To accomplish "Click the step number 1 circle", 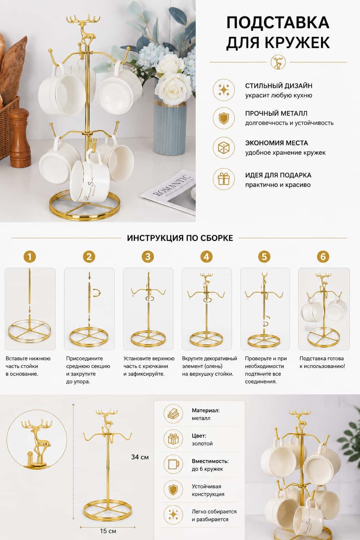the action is click(x=30, y=257).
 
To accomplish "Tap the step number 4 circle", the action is click(x=206, y=257).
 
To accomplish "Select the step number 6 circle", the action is click(x=323, y=257).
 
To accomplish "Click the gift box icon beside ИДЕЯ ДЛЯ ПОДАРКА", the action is click(x=224, y=179).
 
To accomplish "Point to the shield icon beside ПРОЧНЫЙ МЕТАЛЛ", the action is click(x=224, y=118).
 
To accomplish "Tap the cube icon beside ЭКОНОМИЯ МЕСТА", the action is click(x=224, y=148).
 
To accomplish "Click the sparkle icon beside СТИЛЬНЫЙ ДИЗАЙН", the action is click(x=224, y=90).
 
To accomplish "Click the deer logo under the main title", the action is click(x=278, y=62).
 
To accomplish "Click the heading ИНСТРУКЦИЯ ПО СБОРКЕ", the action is click(x=180, y=238).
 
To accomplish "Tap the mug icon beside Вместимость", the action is click(x=173, y=464).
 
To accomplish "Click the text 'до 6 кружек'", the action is click(x=207, y=469).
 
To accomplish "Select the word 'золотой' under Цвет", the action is click(x=202, y=444).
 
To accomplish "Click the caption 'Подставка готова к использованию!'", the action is click(x=322, y=362).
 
